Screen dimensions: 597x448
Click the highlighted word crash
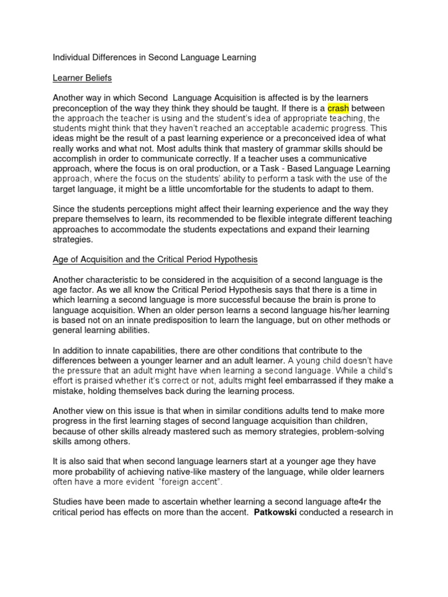click(338, 108)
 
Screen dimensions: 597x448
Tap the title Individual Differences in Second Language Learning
click(155, 57)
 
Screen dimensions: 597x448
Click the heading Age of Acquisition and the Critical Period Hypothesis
click(155, 259)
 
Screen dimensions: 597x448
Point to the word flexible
click(276, 219)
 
